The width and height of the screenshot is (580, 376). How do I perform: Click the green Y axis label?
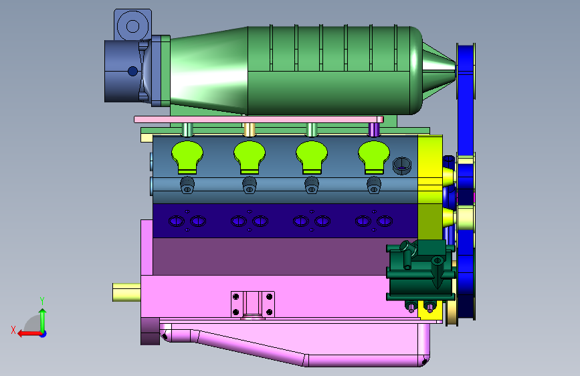42,301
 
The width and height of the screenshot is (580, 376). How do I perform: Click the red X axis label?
13,330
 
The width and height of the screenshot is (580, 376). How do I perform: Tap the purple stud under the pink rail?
374,130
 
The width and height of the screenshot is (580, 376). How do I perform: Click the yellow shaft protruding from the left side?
126,292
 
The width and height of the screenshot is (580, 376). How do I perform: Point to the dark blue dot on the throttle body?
133,71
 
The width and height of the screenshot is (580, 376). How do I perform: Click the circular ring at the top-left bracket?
132,26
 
